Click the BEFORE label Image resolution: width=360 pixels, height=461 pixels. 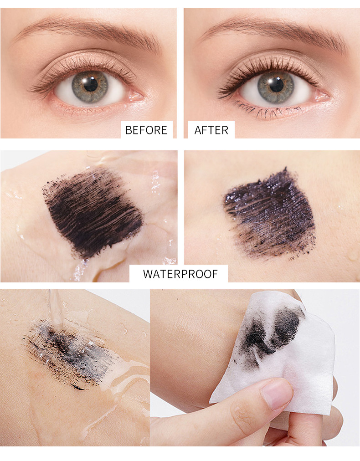click(146, 130)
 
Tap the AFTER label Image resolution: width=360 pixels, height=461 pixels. click(211, 130)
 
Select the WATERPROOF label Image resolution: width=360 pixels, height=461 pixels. click(180, 274)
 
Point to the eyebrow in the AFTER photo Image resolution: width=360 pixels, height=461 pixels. click(273, 28)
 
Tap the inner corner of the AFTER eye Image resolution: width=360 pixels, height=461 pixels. click(321, 96)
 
